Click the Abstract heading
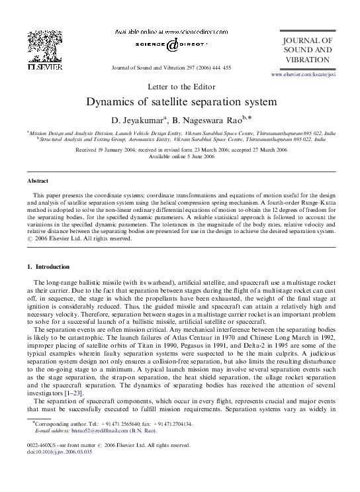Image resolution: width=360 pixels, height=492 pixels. pyautogui.click(x=38, y=180)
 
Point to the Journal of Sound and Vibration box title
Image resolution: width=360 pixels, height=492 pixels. pyautogui.click(x=307, y=50)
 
